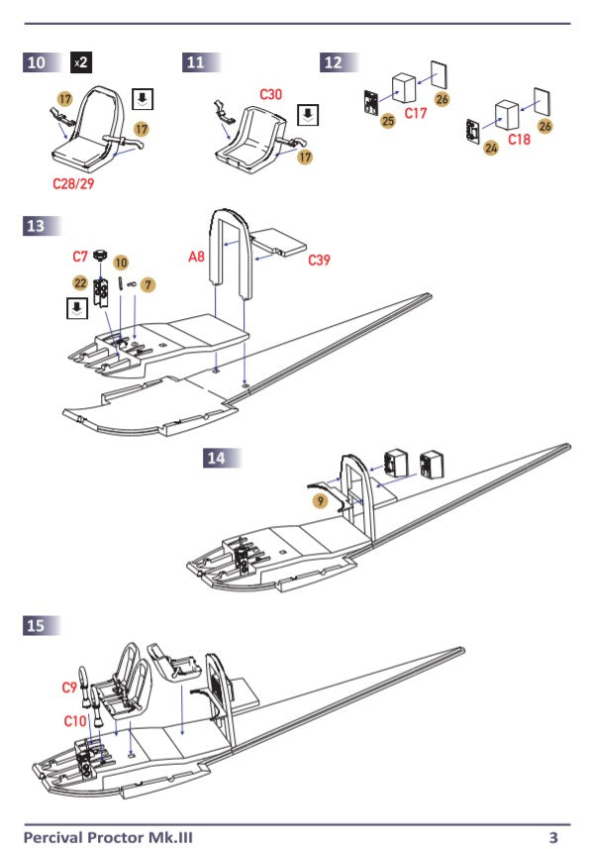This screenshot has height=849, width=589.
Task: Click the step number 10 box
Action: tap(37, 62)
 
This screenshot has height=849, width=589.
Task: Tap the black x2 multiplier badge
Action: tap(82, 62)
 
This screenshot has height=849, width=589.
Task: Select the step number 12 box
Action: tap(334, 62)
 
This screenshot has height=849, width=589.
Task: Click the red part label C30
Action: tap(272, 94)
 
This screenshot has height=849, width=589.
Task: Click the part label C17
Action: tap(417, 114)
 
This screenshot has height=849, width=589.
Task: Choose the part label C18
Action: tap(520, 141)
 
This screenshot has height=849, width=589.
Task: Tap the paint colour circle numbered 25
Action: tap(388, 121)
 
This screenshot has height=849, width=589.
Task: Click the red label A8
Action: tap(197, 257)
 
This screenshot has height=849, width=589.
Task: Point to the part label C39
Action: tap(319, 261)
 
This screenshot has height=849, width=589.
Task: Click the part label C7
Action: tap(80, 257)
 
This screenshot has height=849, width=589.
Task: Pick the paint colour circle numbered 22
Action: tap(80, 282)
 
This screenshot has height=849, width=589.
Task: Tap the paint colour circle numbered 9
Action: tap(319, 502)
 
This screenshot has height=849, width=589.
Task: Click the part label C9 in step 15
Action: tap(69, 687)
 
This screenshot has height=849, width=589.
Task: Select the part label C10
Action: tap(74, 721)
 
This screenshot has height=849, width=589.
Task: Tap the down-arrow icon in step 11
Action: tap(308, 113)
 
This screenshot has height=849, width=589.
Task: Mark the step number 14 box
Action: tap(216, 457)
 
